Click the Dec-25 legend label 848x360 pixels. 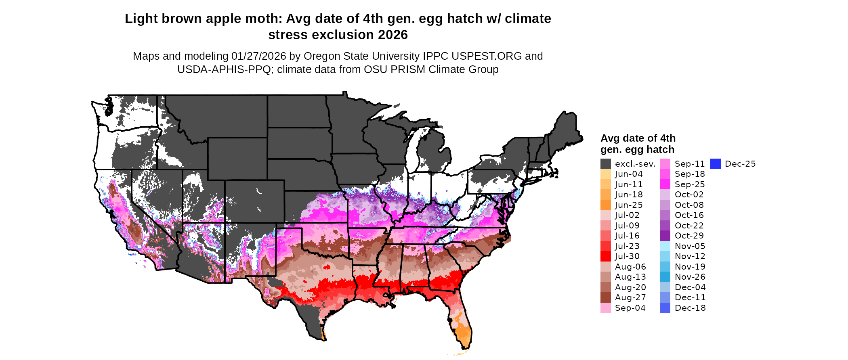click(740, 164)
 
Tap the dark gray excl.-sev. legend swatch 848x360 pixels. click(606, 164)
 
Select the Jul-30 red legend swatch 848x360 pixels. click(606, 256)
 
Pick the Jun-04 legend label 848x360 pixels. click(629, 174)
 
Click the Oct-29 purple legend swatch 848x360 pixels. click(665, 236)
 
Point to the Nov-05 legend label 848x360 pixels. click(690, 246)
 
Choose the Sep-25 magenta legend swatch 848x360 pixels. click(665, 184)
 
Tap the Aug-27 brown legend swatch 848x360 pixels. click(606, 297)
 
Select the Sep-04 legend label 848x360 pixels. click(630, 308)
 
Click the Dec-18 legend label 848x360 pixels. click(690, 308)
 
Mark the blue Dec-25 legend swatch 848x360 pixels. click(716, 164)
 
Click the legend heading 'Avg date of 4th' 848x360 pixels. click(638, 138)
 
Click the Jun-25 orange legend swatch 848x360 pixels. click(606, 205)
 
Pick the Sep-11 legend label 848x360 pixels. click(690, 164)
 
